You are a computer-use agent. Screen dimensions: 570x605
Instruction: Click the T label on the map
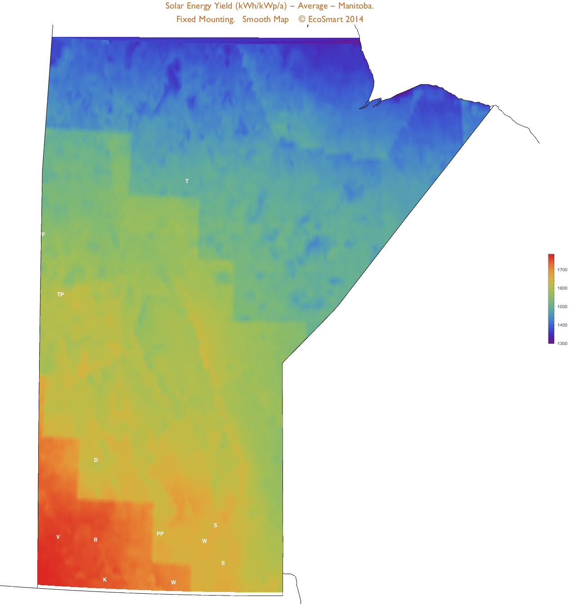[187, 181]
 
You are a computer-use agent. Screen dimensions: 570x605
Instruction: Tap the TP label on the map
[60, 295]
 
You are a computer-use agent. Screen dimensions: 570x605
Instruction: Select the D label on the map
[96, 460]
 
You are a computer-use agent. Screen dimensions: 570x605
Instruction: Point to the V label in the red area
[58, 537]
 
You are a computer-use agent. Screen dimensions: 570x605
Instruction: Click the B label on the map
[95, 540]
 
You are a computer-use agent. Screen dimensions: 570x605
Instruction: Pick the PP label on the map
[160, 534]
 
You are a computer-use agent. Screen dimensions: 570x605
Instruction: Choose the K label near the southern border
[105, 580]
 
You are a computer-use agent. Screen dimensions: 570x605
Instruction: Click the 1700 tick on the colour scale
[562, 270]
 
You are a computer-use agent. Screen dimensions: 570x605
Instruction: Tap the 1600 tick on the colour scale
[562, 288]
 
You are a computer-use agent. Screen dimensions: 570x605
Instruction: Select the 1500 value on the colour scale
[562, 307]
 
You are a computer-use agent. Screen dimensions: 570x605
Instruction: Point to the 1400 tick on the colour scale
[562, 325]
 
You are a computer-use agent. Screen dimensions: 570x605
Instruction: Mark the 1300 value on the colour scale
[562, 344]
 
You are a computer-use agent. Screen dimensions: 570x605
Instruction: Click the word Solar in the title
[175, 6]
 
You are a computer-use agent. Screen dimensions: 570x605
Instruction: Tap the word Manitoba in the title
[356, 6]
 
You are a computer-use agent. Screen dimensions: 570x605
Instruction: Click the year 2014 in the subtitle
[355, 19]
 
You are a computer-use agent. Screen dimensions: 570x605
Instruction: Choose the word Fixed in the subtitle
[186, 19]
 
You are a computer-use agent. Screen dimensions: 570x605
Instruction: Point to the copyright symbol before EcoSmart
[302, 19]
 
